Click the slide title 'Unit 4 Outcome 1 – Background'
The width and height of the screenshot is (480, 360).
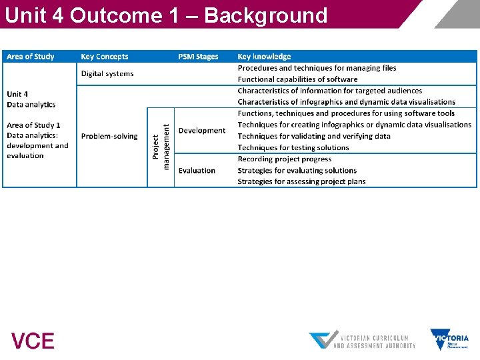165,15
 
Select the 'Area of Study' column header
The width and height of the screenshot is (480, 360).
31,57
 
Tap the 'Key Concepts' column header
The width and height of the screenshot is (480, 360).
105,57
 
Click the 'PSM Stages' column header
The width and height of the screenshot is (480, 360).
198,57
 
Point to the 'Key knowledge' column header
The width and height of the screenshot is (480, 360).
264,57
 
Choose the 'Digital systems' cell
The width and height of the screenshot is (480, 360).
107,73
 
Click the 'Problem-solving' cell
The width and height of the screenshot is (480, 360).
109,136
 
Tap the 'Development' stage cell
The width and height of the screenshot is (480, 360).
202,131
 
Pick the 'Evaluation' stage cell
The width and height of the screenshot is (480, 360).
197,171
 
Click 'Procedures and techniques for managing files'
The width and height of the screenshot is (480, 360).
317,68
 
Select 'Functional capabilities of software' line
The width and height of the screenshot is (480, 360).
297,79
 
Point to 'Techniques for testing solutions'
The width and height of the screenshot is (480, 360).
293,147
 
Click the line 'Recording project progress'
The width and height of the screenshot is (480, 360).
285,159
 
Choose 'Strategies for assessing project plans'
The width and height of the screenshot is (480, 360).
301,181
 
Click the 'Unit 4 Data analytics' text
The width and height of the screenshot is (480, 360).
31,99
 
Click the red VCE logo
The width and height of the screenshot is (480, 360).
33,341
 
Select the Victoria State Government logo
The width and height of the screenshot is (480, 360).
449,339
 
